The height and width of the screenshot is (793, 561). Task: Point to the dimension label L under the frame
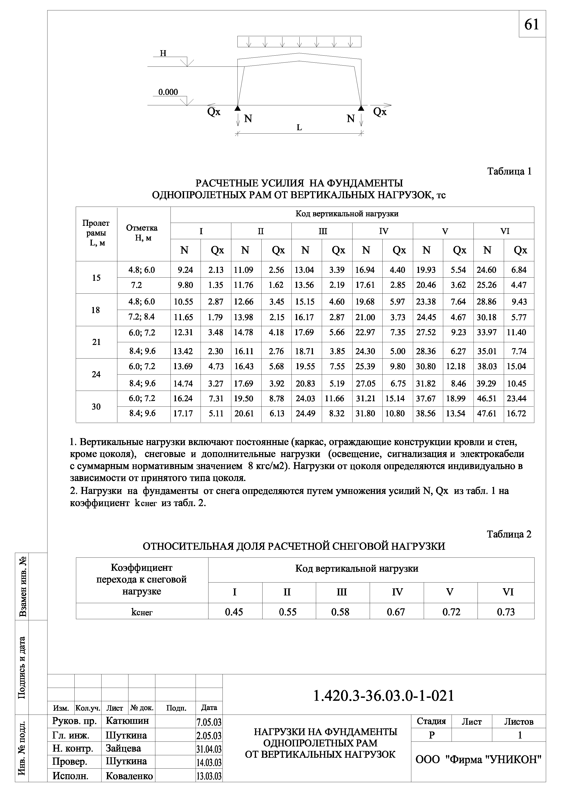click(x=299, y=128)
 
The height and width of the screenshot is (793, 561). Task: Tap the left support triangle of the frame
click(x=237, y=108)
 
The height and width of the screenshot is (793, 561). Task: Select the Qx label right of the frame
click(x=380, y=112)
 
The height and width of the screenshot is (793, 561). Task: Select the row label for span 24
click(x=96, y=374)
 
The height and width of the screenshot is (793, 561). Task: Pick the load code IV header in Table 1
click(x=383, y=231)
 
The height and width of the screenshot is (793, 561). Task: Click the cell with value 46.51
click(x=487, y=399)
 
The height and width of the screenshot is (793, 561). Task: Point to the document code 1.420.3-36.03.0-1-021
click(x=383, y=696)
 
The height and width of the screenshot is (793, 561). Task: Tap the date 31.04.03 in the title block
click(x=209, y=749)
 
